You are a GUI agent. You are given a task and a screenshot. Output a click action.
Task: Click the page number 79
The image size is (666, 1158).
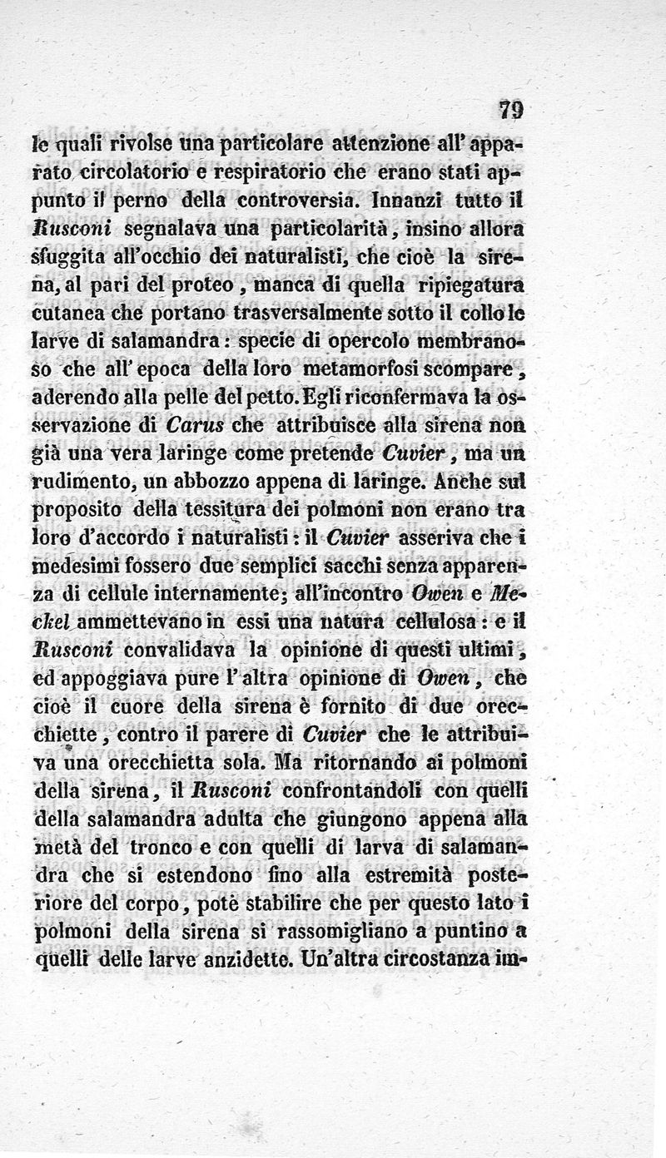click(511, 110)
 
